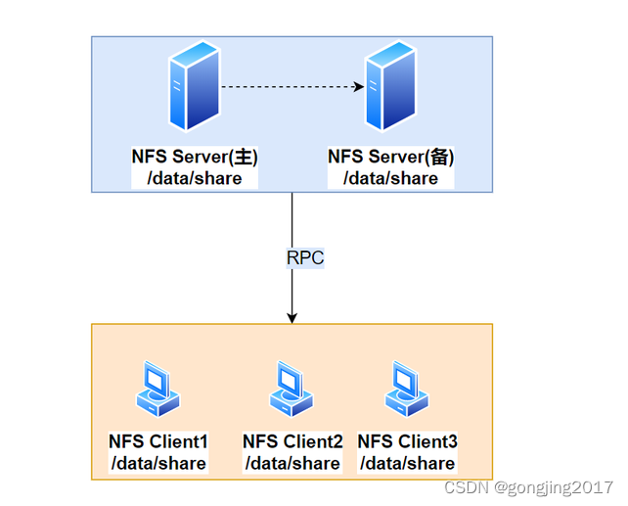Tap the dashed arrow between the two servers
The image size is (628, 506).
(292, 87)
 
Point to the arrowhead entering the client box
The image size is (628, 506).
(292, 317)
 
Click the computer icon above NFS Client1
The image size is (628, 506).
(157, 388)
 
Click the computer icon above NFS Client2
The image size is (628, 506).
(291, 389)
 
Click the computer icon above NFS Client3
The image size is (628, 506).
(406, 388)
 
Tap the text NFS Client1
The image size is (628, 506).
(158, 441)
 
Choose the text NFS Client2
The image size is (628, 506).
(292, 441)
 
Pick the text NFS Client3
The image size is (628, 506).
(407, 441)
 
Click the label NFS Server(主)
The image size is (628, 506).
(195, 157)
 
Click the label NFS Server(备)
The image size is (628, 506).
(391, 157)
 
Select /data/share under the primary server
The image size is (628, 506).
(194, 178)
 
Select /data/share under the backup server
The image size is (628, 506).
(390, 178)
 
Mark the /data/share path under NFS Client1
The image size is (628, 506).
(158, 463)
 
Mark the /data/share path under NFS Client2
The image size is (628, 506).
(292, 463)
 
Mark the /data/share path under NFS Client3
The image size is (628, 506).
(407, 463)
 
